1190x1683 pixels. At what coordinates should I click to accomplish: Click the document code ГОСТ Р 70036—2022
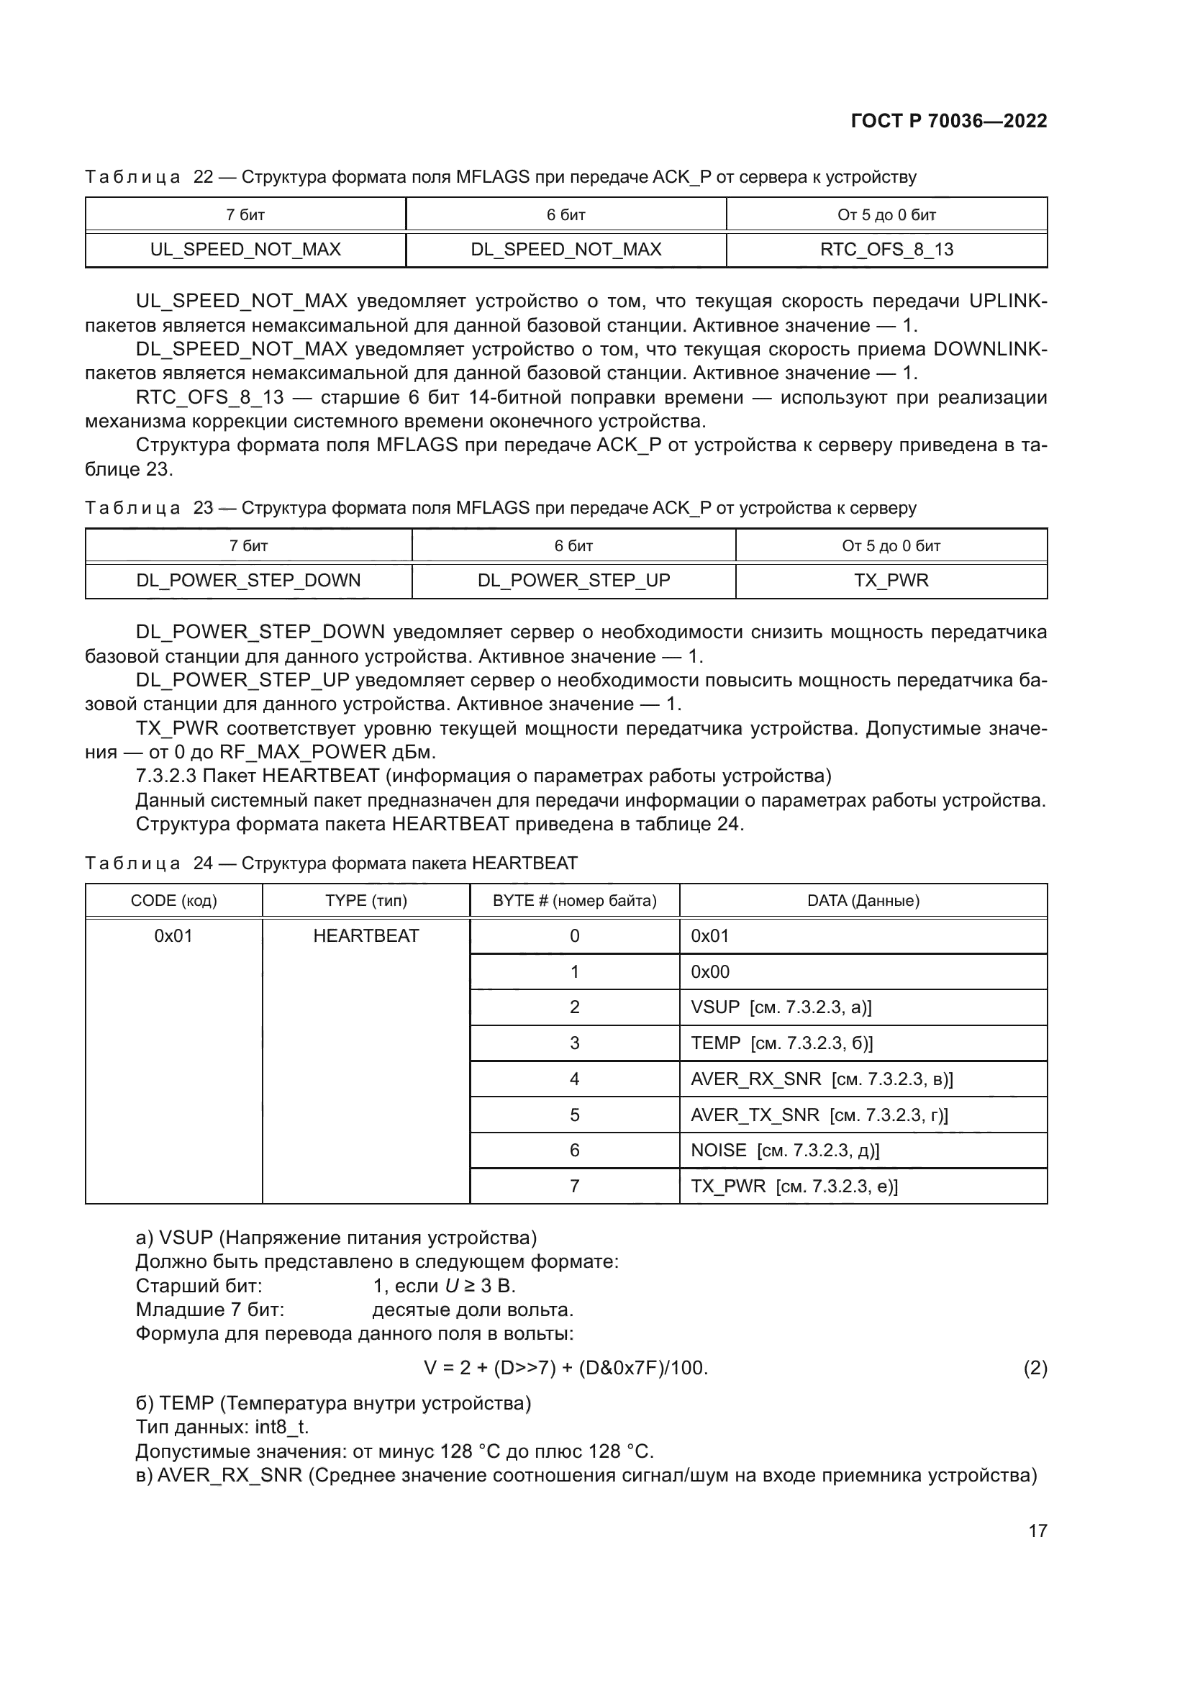pyautogui.click(x=949, y=121)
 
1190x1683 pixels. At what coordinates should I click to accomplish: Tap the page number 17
pyautogui.click(x=1037, y=1530)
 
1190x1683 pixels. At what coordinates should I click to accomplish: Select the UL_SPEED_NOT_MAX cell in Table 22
pyautogui.click(x=245, y=249)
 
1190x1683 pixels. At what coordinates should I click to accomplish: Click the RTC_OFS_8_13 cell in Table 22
pyautogui.click(x=886, y=249)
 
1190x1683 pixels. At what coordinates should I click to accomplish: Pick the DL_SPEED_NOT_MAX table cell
pyautogui.click(x=566, y=249)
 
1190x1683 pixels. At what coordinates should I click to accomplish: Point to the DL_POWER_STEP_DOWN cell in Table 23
pyautogui.click(x=248, y=580)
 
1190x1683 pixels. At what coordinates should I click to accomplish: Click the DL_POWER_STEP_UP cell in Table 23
pyautogui.click(x=573, y=580)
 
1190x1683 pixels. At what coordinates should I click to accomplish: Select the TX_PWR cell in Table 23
pyautogui.click(x=891, y=580)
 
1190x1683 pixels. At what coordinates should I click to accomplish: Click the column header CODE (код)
pyautogui.click(x=173, y=900)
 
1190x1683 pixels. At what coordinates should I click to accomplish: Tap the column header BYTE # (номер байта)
pyautogui.click(x=574, y=900)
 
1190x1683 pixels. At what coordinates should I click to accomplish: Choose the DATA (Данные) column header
pyautogui.click(x=863, y=900)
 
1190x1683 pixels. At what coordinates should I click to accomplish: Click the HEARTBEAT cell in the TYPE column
pyautogui.click(x=365, y=935)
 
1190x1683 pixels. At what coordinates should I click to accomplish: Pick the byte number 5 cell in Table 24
pyautogui.click(x=574, y=1115)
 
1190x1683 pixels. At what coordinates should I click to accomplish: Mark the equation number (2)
pyautogui.click(x=1035, y=1368)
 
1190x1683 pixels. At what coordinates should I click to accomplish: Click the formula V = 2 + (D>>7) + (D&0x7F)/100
pyautogui.click(x=566, y=1368)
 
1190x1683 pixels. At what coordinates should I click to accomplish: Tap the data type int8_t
pyautogui.click(x=281, y=1427)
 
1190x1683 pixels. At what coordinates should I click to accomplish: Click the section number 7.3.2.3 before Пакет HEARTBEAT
pyautogui.click(x=166, y=776)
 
